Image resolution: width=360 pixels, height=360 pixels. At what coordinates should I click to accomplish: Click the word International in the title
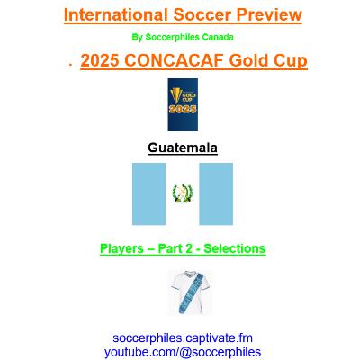point(116,14)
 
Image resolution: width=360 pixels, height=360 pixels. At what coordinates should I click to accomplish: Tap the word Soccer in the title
point(202,14)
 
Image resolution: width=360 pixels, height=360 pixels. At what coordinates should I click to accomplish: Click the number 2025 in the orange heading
point(100,60)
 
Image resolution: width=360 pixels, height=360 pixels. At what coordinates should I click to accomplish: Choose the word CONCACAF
point(174,60)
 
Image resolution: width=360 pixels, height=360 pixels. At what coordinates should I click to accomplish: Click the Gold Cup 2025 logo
point(183,104)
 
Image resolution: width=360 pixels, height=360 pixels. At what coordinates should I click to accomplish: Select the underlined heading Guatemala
point(183,148)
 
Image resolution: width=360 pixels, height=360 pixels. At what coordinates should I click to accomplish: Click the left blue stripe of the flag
point(148,194)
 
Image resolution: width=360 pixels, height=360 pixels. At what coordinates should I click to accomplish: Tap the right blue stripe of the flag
point(216,194)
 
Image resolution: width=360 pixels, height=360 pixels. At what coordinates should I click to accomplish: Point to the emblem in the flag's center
point(183,193)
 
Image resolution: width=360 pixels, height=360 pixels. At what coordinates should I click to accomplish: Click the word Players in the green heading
point(121,248)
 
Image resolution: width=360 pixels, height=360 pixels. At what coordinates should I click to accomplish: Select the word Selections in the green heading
point(235,248)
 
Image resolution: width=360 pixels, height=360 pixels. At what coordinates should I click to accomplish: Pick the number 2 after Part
point(188,248)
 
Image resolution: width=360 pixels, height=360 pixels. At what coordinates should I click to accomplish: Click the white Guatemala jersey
point(190,292)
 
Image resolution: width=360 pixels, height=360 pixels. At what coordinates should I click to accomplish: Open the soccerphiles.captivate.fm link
point(183,338)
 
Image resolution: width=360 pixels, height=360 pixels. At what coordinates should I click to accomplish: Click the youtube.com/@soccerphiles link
point(183,352)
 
